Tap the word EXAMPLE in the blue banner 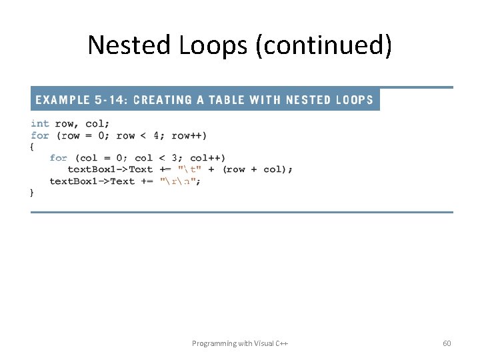(63, 100)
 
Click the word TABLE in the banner (227, 100)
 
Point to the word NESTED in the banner (308, 100)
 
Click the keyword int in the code (40, 123)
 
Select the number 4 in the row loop (156, 135)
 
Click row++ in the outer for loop (189, 135)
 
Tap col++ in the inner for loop (207, 158)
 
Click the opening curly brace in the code (33, 147)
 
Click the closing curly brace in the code (33, 193)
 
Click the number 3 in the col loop (175, 158)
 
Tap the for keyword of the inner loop (58, 158)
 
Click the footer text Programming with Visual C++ (240, 343)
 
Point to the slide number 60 (447, 343)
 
